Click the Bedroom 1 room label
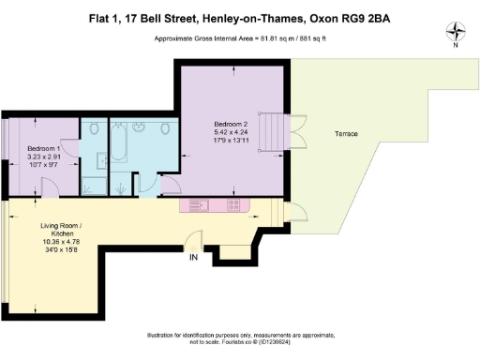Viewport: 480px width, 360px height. [44, 149]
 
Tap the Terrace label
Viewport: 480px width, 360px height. [347, 134]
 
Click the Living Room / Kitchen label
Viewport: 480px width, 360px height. [62, 227]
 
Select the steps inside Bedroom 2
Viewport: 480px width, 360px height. [272, 130]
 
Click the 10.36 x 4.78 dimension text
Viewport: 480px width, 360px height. [62, 243]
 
